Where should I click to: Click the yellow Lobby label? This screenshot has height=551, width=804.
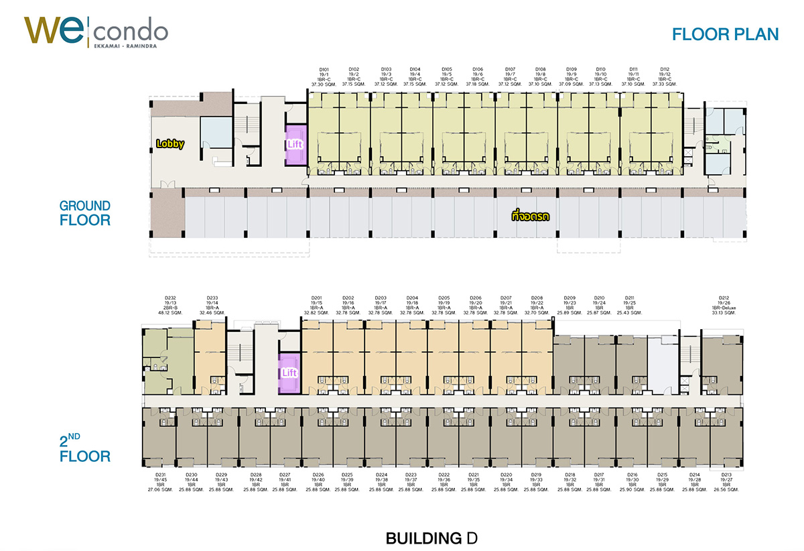click(x=170, y=143)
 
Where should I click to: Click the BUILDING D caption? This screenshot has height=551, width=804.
click(x=431, y=538)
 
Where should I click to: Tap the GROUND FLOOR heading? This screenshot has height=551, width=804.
click(x=84, y=212)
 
